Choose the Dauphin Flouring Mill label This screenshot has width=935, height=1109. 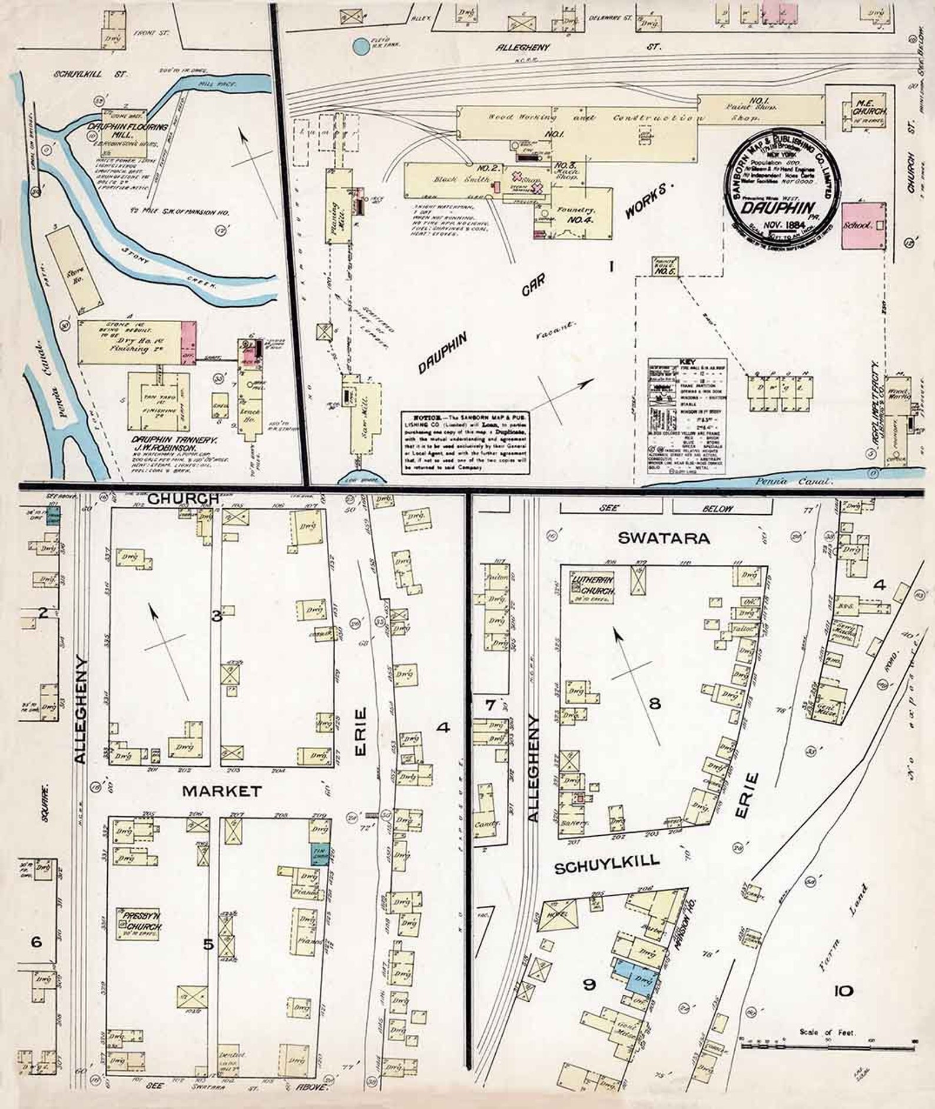click(127, 131)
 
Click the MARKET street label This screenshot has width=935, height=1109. click(221, 791)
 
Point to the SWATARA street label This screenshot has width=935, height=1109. click(664, 538)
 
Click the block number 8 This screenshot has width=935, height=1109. click(655, 703)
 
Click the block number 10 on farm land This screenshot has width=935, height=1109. click(843, 991)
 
